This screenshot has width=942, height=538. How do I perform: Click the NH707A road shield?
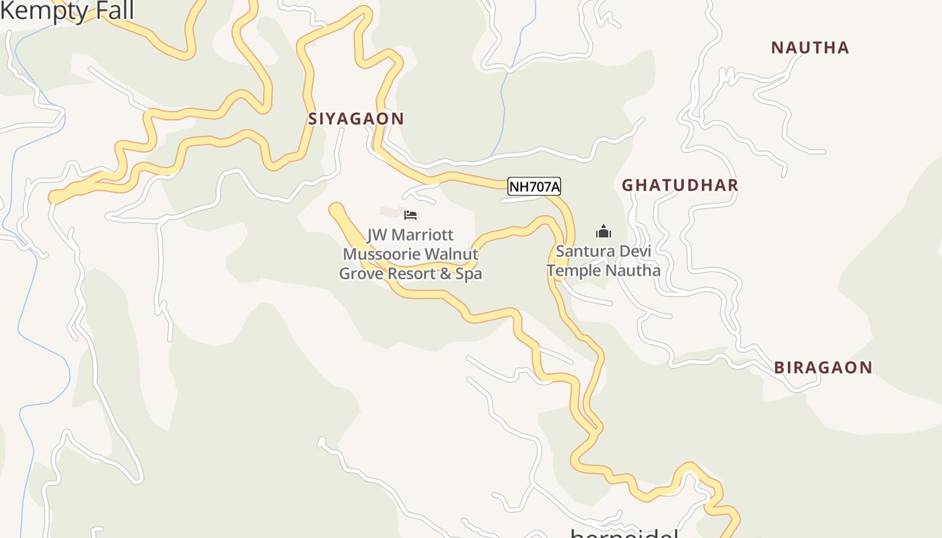pyautogui.click(x=534, y=187)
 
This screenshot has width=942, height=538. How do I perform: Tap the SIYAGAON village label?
pyautogui.click(x=356, y=119)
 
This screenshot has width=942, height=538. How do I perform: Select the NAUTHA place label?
pyautogui.click(x=810, y=48)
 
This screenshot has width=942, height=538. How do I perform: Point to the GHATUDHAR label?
pyautogui.click(x=680, y=186)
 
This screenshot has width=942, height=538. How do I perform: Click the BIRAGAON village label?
pyautogui.click(x=823, y=368)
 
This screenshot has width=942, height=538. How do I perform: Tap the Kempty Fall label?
pyautogui.click(x=67, y=11)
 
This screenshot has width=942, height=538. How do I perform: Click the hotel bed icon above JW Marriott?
pyautogui.click(x=410, y=215)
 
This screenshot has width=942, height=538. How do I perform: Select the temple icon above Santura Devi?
pyautogui.click(x=603, y=232)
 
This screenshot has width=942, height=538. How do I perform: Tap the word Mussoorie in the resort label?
pyautogui.click(x=382, y=254)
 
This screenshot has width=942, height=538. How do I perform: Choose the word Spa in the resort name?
pyautogui.click(x=470, y=274)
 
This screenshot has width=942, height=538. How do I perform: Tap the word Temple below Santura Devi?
pyautogui.click(x=572, y=271)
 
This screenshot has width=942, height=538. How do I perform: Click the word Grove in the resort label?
pyautogui.click(x=360, y=274)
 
